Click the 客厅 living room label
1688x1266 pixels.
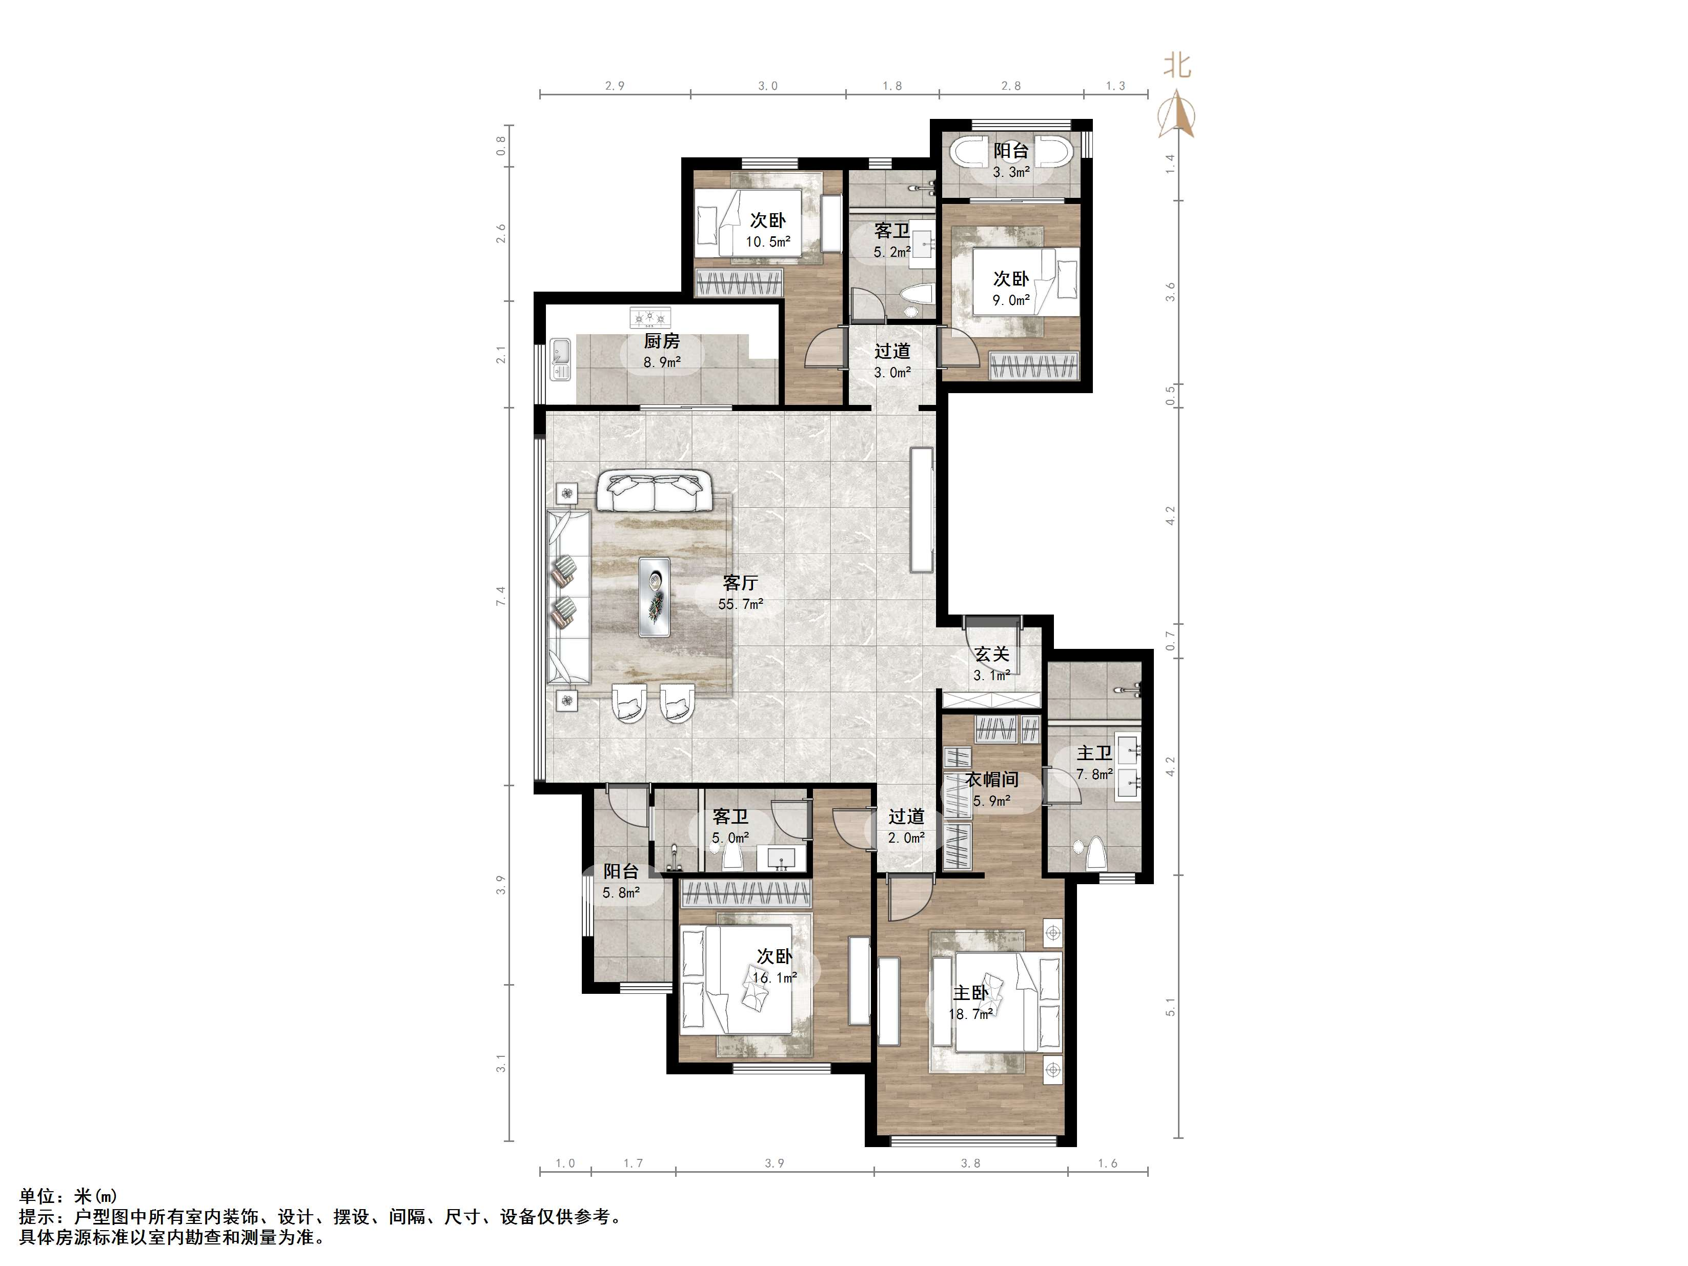740,583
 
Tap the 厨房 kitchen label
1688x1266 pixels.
662,341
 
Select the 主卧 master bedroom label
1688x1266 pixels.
971,993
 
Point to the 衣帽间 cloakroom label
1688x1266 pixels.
992,779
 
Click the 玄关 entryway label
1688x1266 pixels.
992,654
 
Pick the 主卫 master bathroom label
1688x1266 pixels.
1094,753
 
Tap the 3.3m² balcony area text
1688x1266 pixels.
1011,172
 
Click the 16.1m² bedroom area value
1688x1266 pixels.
775,977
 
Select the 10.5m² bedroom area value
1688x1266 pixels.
768,242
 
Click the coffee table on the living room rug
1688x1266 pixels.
655,597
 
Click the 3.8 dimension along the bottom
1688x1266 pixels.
971,1163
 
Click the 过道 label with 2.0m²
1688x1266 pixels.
907,816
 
